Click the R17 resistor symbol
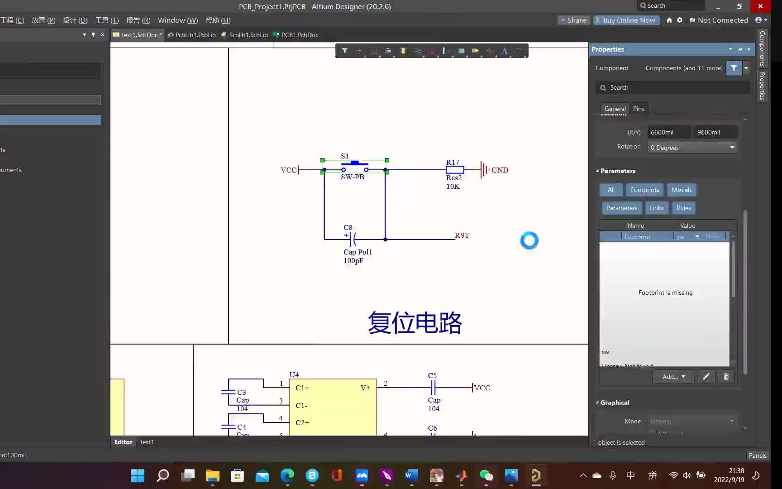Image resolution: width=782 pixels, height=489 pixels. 455,170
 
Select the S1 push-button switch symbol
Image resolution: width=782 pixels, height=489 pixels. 355,166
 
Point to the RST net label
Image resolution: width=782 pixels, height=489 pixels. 462,235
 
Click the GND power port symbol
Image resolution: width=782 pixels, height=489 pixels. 485,170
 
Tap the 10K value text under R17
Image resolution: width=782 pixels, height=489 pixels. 453,187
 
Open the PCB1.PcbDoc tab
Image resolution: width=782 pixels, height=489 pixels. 299,35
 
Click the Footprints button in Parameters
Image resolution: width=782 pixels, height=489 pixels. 644,190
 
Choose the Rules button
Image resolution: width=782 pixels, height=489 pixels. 683,208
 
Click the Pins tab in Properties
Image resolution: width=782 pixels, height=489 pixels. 639,109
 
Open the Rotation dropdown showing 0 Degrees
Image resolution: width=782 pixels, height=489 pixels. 692,148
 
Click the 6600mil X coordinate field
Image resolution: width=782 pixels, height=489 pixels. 669,132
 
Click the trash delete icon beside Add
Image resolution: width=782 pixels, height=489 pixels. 726,377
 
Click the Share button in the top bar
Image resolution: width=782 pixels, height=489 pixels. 573,20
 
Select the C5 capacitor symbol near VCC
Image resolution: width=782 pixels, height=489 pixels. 433,388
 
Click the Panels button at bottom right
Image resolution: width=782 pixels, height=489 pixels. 757,455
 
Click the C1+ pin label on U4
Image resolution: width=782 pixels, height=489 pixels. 302,388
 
